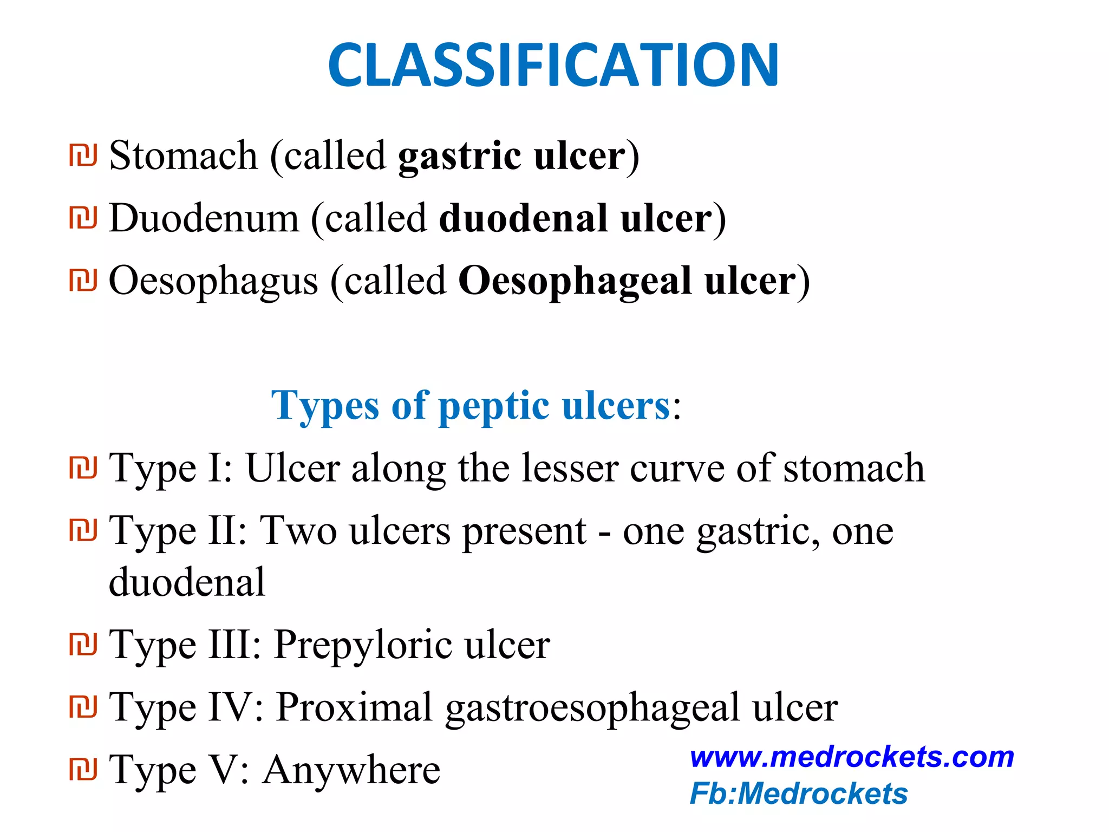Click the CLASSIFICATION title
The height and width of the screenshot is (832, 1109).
pyautogui.click(x=553, y=65)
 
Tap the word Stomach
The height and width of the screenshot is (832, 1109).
pyautogui.click(x=184, y=156)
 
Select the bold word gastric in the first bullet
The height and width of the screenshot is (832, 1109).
pyautogui.click(x=460, y=157)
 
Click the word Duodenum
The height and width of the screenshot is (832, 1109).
pyautogui.click(x=204, y=218)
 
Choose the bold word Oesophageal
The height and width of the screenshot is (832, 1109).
pyautogui.click(x=575, y=282)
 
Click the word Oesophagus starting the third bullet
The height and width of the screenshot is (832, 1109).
pyautogui.click(x=213, y=282)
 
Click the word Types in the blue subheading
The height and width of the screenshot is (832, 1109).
pyautogui.click(x=325, y=406)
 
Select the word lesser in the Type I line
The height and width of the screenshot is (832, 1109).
pyautogui.click(x=570, y=468)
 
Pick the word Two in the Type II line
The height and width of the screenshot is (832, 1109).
pyautogui.click(x=298, y=530)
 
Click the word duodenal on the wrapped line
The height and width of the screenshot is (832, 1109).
pyautogui.click(x=187, y=582)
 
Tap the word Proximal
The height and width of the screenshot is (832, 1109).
pyautogui.click(x=355, y=707)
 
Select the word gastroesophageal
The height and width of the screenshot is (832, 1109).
pyautogui.click(x=592, y=708)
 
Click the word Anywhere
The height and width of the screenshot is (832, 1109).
pyautogui.click(x=351, y=770)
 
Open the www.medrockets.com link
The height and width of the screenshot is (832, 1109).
pyautogui.click(x=852, y=757)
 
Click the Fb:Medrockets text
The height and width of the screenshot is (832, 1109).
pyautogui.click(x=799, y=794)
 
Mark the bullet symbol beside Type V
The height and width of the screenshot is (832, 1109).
pyautogui.click(x=83, y=769)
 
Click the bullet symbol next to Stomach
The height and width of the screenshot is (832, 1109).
pyautogui.click(x=83, y=155)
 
